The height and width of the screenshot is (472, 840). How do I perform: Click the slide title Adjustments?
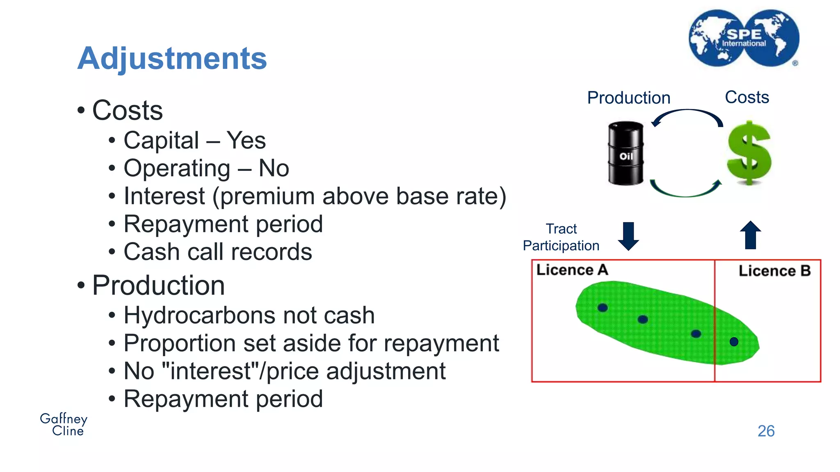[172, 59]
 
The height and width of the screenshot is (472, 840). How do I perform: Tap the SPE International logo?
[744, 38]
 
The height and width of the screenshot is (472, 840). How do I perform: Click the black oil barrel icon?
[625, 153]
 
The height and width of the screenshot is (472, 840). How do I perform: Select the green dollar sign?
[749, 153]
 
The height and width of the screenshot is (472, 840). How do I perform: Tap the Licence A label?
[572, 270]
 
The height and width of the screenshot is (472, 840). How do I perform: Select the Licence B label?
[774, 271]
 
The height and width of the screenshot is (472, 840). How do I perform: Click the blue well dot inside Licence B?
[734, 342]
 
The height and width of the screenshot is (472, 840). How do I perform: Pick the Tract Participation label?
[561, 237]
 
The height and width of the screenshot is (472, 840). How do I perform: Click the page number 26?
[766, 431]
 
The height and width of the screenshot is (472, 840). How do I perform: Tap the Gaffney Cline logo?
[64, 424]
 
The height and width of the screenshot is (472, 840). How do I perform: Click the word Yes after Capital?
[246, 141]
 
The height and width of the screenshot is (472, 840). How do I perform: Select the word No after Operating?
[274, 168]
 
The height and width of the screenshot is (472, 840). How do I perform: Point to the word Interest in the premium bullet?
[164, 196]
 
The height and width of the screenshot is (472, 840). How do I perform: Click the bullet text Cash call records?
[218, 252]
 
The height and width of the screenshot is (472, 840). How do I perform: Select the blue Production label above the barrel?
[628, 98]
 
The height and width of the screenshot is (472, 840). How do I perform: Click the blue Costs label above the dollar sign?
[747, 98]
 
